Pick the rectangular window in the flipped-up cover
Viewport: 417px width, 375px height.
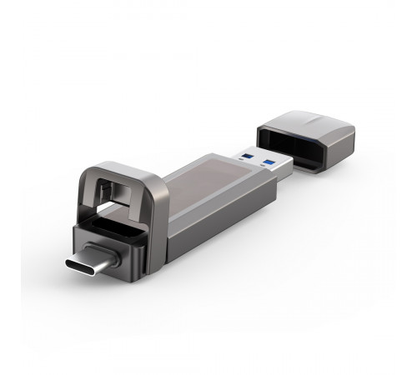125,187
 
